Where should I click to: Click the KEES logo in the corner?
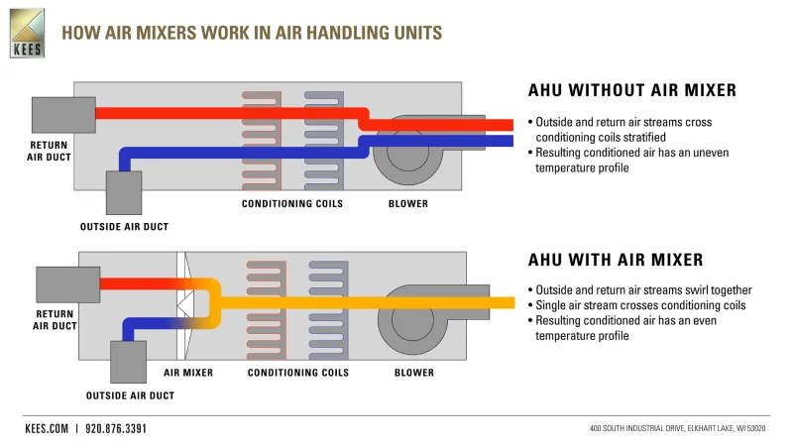point(28,33)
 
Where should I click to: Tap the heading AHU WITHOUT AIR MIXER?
point(632,90)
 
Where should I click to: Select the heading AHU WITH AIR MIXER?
point(616,260)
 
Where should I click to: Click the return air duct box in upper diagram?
point(63,115)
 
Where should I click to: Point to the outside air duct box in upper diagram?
point(124,192)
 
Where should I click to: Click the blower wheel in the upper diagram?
point(407,151)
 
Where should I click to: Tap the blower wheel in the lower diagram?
point(413,319)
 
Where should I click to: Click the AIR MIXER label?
point(188,373)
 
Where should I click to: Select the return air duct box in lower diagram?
point(67,284)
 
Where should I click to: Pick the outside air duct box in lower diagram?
point(129,362)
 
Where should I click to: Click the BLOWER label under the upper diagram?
point(408,204)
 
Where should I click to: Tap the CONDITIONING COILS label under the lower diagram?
point(298,373)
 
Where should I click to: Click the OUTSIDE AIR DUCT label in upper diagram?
point(125,227)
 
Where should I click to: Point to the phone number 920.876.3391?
point(116,429)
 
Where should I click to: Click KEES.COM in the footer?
point(47,429)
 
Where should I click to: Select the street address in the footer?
point(678,428)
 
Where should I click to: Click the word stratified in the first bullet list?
point(641,138)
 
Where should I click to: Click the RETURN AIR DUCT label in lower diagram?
point(55,320)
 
